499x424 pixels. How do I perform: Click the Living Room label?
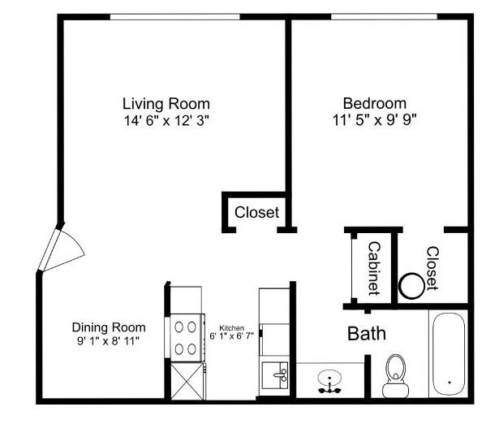point(166,104)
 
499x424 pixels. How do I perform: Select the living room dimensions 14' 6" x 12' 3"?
point(166,119)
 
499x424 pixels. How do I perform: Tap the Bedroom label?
point(374,103)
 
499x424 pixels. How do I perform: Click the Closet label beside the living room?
point(256,213)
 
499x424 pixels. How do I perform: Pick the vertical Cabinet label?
point(374,268)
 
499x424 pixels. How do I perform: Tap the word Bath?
point(367,333)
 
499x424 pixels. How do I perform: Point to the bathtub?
point(448,354)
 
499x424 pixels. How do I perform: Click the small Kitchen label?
point(231,328)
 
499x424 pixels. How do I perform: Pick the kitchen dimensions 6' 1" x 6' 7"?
point(232,335)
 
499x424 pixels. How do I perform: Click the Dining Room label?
point(103,327)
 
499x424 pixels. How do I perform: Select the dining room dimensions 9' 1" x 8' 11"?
point(103,341)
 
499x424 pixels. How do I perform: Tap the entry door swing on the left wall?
point(61,248)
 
